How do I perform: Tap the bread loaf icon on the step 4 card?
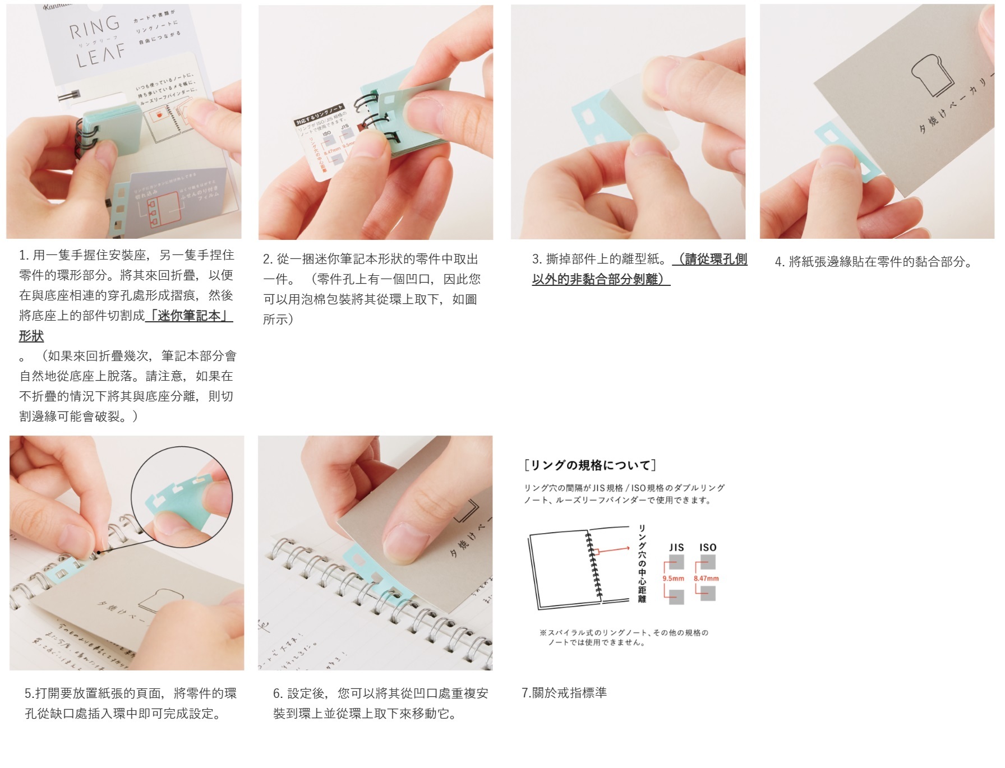click(932, 75)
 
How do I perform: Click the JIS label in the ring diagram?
click(676, 547)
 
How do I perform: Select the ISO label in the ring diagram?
click(708, 547)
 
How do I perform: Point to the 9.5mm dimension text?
click(673, 579)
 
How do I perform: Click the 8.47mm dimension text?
click(706, 579)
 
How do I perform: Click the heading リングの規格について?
click(589, 465)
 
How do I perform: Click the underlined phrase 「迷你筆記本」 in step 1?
click(188, 316)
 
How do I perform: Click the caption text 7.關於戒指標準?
click(564, 693)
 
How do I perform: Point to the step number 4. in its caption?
click(780, 262)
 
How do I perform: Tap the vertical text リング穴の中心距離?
click(642, 563)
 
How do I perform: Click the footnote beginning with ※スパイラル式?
click(623, 637)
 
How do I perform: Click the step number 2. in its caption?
click(268, 259)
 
